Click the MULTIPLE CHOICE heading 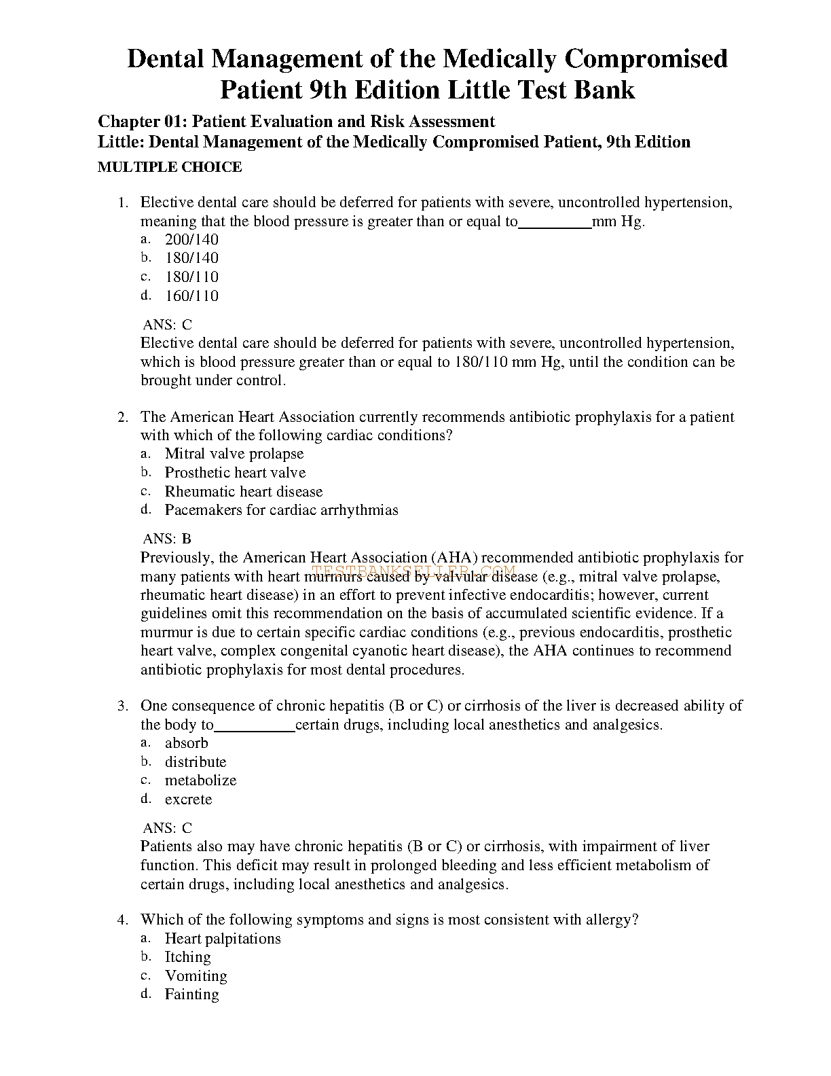[x=170, y=167]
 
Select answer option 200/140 [x=191, y=239]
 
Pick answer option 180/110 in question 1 [x=191, y=276]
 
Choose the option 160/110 [x=191, y=295]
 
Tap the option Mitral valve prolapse [x=234, y=454]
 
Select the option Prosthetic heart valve [x=235, y=473]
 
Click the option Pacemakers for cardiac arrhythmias [x=281, y=510]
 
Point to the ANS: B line [x=167, y=539]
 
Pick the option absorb [x=186, y=743]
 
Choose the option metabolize [x=200, y=781]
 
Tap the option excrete [x=188, y=800]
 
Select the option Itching [x=187, y=957]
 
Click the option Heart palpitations [x=223, y=939]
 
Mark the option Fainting [x=191, y=994]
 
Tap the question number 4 [x=123, y=920]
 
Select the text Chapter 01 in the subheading [x=141, y=122]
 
